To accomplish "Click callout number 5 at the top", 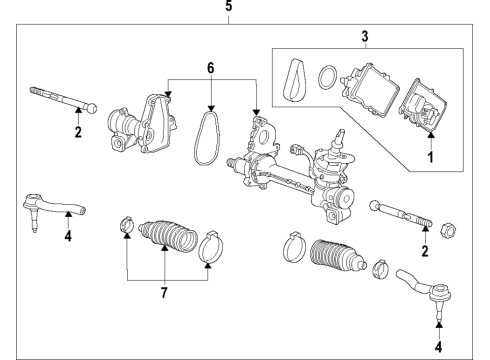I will (x=228, y=6).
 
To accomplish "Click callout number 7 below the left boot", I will (x=164, y=293).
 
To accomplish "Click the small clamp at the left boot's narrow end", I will (x=125, y=225).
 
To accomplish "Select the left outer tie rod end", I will (x=51, y=209).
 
